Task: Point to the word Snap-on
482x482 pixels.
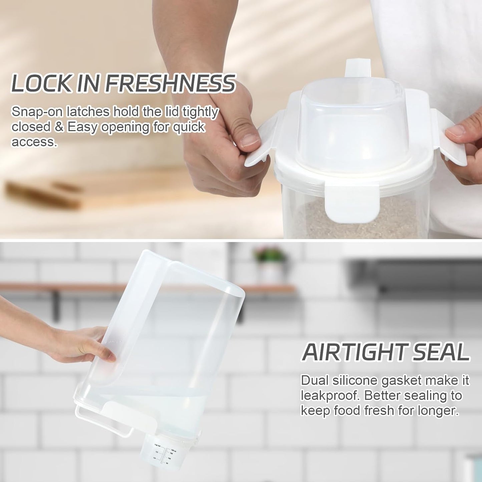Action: click(37, 112)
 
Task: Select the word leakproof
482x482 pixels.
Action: click(330, 396)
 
